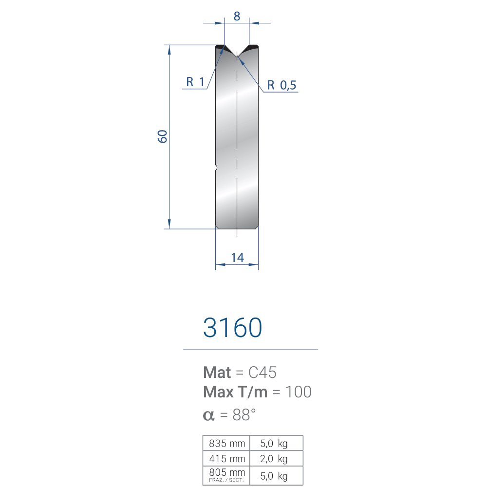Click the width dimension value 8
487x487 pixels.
point(237,16)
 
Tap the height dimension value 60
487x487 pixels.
point(163,136)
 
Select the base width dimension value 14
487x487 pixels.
point(238,258)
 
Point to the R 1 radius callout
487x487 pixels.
point(195,82)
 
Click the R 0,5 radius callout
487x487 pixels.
point(281,85)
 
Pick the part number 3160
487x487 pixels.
point(233,327)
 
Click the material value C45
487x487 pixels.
point(262,373)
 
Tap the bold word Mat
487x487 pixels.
point(217,373)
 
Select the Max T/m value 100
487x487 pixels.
point(298,392)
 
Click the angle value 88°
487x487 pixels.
point(244,414)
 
